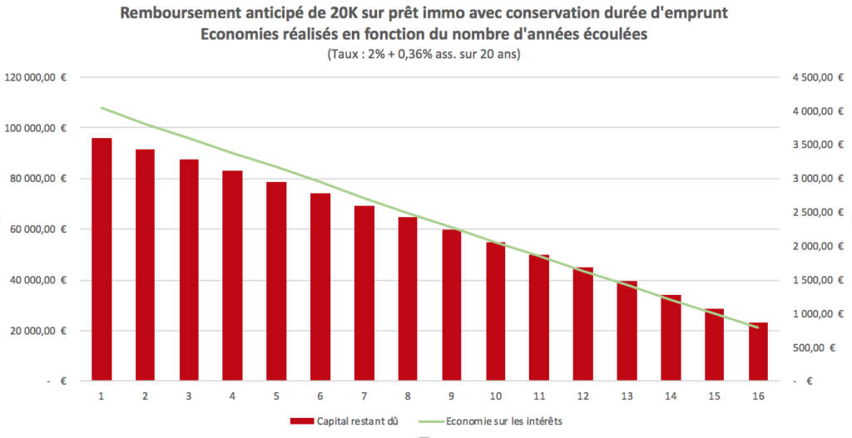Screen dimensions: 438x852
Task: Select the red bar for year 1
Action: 102,259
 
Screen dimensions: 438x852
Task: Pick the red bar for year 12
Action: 583,324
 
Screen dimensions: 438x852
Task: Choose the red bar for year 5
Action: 276,281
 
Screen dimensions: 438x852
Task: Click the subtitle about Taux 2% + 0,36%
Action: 425,55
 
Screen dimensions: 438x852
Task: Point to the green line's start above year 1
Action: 102,108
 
